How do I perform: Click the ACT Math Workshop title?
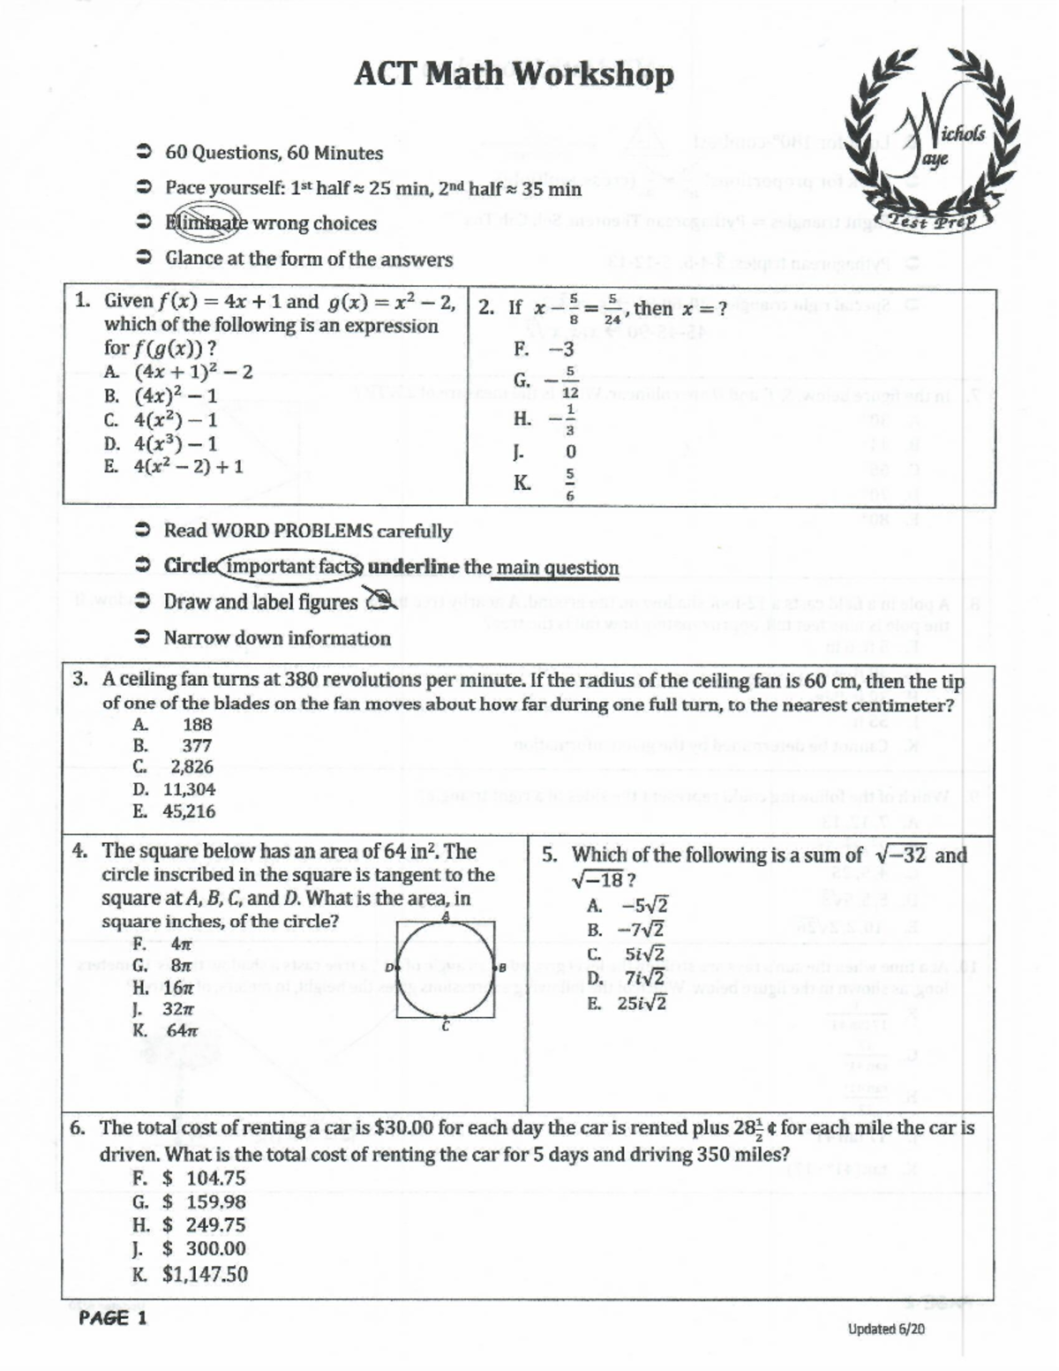[514, 74]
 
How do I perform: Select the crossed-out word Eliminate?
[207, 222]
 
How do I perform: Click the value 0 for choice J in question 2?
[570, 452]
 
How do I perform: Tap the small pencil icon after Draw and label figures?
[382, 602]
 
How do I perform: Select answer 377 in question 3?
[197, 745]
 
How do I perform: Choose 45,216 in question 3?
[188, 811]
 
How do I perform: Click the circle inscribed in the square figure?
[446, 969]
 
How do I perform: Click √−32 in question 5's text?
[901, 855]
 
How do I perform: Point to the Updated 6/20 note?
[886, 1329]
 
